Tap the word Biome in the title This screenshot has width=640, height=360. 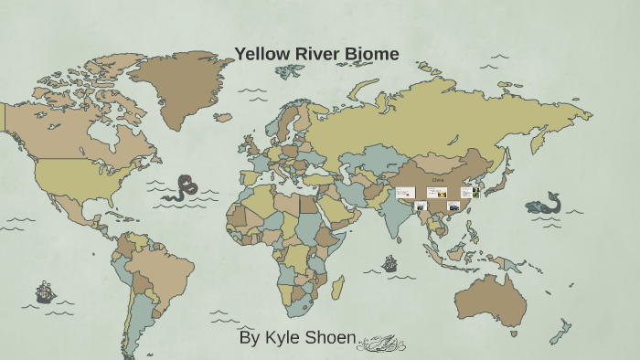(371, 54)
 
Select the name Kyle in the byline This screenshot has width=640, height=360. (284, 337)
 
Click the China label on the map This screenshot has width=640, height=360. (438, 181)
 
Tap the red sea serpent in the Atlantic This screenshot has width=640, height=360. (182, 188)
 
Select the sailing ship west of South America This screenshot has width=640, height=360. (44, 292)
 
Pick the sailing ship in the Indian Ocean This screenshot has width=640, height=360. (389, 264)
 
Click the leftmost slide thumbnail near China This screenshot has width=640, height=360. (405, 193)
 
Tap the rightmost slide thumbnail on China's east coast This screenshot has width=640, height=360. (467, 193)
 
